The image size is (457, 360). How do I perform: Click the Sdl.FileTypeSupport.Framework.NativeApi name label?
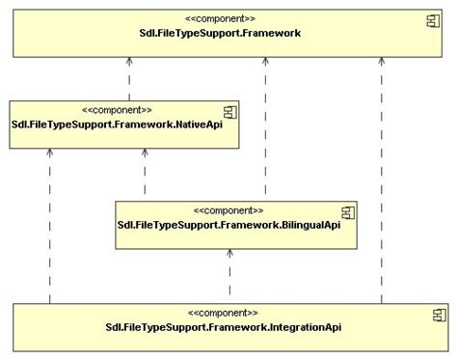[123, 125]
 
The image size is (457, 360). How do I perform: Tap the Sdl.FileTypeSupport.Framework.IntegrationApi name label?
[223, 327]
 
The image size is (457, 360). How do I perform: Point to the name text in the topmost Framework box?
[221, 33]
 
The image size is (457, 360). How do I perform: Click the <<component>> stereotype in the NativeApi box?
[118, 110]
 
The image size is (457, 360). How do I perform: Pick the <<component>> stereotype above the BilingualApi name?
[228, 210]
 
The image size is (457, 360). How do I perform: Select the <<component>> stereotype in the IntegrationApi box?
[223, 313]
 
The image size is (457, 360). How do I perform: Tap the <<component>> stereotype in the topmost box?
[221, 18]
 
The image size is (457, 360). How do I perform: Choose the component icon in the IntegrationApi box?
[439, 314]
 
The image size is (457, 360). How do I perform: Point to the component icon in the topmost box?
[434, 20]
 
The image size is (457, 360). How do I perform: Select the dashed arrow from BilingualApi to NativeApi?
[145, 174]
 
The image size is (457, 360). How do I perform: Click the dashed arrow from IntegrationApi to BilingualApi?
[229, 274]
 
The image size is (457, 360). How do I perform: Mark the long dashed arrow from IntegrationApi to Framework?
[382, 183]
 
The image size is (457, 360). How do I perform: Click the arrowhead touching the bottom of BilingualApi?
[229, 252]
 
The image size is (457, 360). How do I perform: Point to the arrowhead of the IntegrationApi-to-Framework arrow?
[382, 60]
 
